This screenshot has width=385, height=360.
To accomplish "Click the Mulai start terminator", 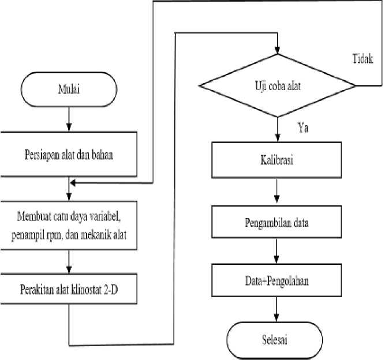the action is click(69, 89).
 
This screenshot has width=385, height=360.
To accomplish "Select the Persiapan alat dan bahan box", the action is click(69, 154).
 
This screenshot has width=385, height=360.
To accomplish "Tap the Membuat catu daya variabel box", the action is click(69, 226).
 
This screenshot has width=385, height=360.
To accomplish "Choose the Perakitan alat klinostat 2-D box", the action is click(69, 289).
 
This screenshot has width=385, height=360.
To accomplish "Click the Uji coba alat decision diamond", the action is click(277, 85).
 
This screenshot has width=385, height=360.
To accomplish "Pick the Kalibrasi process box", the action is click(276, 160).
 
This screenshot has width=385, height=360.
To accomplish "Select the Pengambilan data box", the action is click(276, 222).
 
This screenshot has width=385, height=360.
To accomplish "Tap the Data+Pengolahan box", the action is click(276, 280).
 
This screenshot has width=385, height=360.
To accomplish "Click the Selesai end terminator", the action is click(275, 340).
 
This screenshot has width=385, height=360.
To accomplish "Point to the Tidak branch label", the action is click(362, 59).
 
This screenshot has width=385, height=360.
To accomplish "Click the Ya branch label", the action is click(303, 127).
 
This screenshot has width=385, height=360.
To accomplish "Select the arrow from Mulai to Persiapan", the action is click(69, 119).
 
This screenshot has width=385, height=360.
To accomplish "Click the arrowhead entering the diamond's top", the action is click(278, 50).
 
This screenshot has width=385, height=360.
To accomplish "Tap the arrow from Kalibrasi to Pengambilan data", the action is click(276, 191).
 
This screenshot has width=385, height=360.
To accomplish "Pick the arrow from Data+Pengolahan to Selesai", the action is click(276, 309).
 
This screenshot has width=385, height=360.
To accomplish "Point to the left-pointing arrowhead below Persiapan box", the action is click(73, 183).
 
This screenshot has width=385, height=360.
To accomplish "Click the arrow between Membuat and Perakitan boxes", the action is click(69, 262).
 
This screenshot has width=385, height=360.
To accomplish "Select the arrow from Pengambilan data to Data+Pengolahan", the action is click(276, 251).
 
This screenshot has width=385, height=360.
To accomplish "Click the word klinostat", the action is click(86, 290).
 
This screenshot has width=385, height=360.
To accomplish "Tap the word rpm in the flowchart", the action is click(54, 235).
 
